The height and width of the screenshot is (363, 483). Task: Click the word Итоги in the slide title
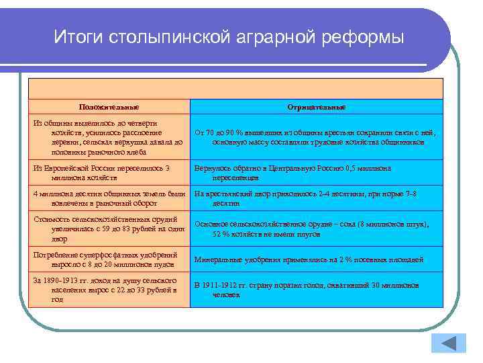coord(76,36)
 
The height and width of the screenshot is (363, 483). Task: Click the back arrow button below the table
coord(451,343)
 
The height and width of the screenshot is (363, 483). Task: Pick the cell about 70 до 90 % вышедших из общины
coord(317,137)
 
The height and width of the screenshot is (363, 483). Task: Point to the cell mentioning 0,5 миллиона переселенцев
coord(317,173)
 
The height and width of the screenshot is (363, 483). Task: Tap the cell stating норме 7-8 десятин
coord(317,198)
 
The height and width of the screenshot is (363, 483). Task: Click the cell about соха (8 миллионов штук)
coord(317,229)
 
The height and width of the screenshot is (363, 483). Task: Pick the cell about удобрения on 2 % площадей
coord(317,259)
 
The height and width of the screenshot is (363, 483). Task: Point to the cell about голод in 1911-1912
coord(317,289)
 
